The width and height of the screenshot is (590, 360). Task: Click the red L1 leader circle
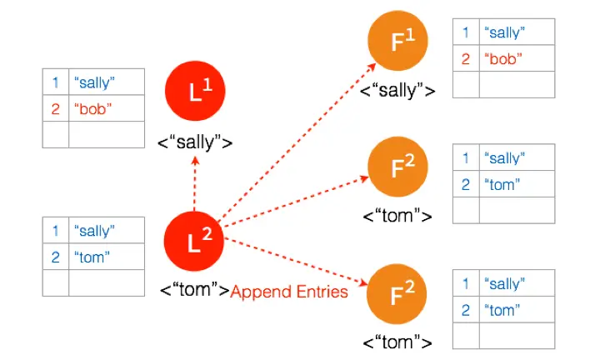[x=195, y=91]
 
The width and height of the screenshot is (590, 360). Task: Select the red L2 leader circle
[x=194, y=241]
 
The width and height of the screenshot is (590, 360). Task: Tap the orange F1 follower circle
[x=397, y=41]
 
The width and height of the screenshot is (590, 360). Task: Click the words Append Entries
[x=289, y=292]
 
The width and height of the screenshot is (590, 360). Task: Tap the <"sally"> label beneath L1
[x=195, y=142]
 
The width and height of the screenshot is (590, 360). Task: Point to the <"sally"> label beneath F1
[x=397, y=91]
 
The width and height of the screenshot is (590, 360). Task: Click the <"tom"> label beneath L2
[x=194, y=290]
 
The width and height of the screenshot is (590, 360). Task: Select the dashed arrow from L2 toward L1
[x=194, y=183]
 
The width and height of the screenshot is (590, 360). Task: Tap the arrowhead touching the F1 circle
[x=372, y=67]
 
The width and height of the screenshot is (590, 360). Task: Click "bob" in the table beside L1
[x=93, y=109]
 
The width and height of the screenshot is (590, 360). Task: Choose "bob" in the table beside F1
[x=503, y=59]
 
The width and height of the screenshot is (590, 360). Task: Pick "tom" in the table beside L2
[x=92, y=257]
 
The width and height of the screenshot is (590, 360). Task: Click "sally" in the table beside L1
[x=94, y=82]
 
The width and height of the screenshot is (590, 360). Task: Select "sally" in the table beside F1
[x=505, y=32]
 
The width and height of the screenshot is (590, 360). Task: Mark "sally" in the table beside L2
[x=94, y=231]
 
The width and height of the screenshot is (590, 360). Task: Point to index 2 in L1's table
[x=55, y=109]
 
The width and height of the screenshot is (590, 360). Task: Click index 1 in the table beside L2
[x=55, y=231]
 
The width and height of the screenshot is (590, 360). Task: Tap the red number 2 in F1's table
[x=466, y=59]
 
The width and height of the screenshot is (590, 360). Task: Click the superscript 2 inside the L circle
[x=207, y=234]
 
